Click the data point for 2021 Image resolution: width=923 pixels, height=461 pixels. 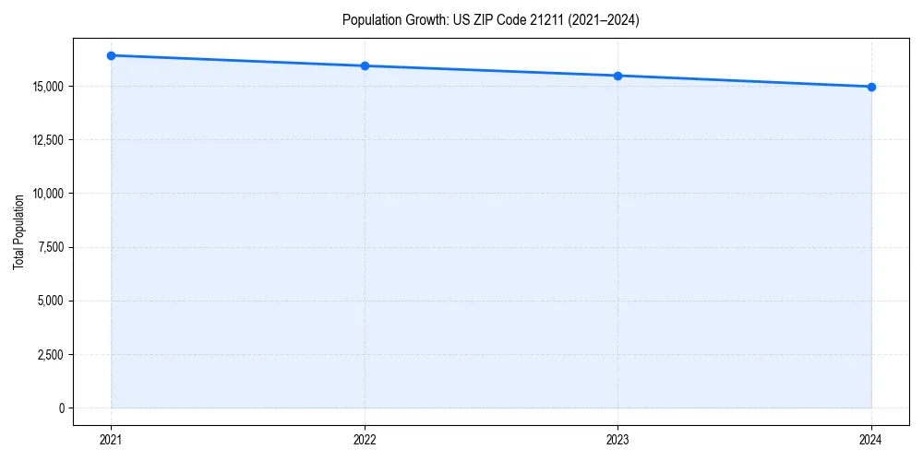pyautogui.click(x=111, y=55)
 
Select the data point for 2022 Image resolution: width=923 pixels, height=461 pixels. pyautogui.click(x=365, y=65)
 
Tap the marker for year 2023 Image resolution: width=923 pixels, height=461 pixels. pyautogui.click(x=617, y=76)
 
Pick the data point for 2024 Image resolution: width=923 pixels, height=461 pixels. pyautogui.click(x=871, y=87)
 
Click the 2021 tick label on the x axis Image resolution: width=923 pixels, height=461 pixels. pyautogui.click(x=111, y=440)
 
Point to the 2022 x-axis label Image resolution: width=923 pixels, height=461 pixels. pyautogui.click(x=365, y=440)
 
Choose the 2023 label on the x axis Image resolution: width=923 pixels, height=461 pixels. pyautogui.click(x=617, y=440)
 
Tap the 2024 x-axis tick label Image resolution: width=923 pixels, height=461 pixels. pyautogui.click(x=871, y=440)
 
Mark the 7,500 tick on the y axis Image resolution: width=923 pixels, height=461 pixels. pyautogui.click(x=51, y=247)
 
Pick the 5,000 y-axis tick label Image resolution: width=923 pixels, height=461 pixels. pyautogui.click(x=51, y=301)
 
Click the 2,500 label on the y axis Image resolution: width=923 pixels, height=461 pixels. pyautogui.click(x=51, y=354)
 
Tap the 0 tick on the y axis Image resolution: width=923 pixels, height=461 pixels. pyautogui.click(x=62, y=408)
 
